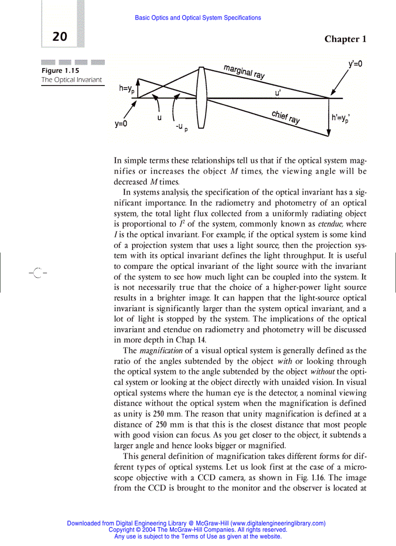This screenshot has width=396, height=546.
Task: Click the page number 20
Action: point(60,37)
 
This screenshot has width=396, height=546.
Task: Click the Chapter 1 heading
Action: point(345,39)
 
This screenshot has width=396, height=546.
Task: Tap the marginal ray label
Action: point(244,71)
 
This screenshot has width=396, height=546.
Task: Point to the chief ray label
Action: point(285,117)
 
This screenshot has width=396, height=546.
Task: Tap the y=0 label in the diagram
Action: point(121,124)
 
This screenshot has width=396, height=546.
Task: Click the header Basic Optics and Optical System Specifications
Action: point(198,18)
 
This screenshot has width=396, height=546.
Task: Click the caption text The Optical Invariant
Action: point(71,80)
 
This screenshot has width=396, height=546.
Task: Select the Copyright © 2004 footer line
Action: point(198,530)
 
